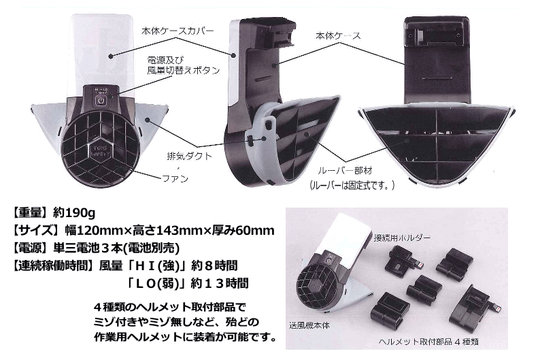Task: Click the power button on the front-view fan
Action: point(101,101)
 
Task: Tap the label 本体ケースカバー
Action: point(178,31)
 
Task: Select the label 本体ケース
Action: point(338,35)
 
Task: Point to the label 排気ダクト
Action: point(190,156)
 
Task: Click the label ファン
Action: point(175,178)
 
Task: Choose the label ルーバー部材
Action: point(345,170)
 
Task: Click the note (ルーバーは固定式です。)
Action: point(352,185)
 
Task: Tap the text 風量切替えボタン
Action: point(184,70)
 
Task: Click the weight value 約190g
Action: point(74,213)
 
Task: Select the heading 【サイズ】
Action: point(34,230)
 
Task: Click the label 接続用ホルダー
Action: point(402,238)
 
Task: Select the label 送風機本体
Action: point(309,325)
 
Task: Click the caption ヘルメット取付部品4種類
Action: point(428,342)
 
